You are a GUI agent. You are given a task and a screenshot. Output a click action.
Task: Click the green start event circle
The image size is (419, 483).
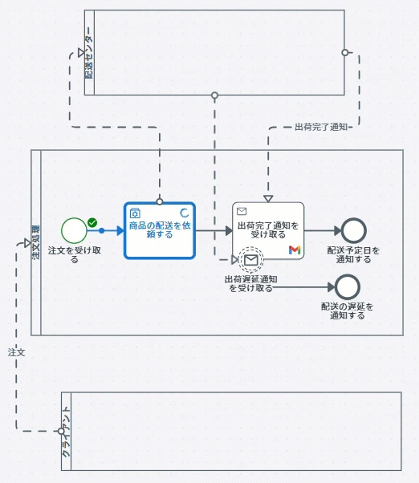tap(74, 230)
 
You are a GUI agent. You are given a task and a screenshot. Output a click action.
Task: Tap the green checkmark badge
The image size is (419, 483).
tap(92, 222)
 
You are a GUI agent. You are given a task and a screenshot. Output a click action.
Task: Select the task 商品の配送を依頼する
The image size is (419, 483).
tap(160, 230)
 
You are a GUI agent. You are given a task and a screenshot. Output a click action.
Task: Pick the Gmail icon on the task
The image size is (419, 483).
tap(295, 250)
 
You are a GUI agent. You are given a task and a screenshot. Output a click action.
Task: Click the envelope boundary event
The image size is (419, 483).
tap(251, 260)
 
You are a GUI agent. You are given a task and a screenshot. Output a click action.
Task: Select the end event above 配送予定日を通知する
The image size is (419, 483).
tap(354, 230)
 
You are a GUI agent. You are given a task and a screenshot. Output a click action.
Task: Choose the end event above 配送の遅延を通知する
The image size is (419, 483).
tap(348, 287)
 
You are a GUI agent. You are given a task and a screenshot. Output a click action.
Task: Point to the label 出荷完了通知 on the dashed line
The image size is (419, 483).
tap(321, 127)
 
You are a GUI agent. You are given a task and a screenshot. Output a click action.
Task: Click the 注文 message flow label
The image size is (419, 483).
tap(16, 352)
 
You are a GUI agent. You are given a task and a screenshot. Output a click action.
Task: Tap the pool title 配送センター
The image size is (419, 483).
tap(89, 52)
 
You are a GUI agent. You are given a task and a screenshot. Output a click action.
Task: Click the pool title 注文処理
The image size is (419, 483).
tap(36, 242)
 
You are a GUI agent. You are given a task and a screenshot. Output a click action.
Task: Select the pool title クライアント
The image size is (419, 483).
tap(66, 432)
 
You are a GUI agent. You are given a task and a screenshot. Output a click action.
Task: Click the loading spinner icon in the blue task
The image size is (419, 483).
tap(185, 213)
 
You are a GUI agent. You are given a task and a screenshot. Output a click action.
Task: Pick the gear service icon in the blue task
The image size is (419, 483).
tap(135, 213)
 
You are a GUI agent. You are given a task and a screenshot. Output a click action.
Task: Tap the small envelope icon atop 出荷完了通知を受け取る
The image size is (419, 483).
tap(242, 211)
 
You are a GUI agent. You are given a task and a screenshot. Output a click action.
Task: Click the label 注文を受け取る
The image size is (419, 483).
tap(75, 255)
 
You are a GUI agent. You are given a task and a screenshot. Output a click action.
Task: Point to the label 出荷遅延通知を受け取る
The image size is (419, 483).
tap(250, 284)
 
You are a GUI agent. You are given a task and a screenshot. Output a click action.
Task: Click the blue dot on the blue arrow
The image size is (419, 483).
tap(101, 230)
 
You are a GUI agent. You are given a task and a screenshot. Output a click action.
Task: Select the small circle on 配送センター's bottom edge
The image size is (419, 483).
tap(215, 95)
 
